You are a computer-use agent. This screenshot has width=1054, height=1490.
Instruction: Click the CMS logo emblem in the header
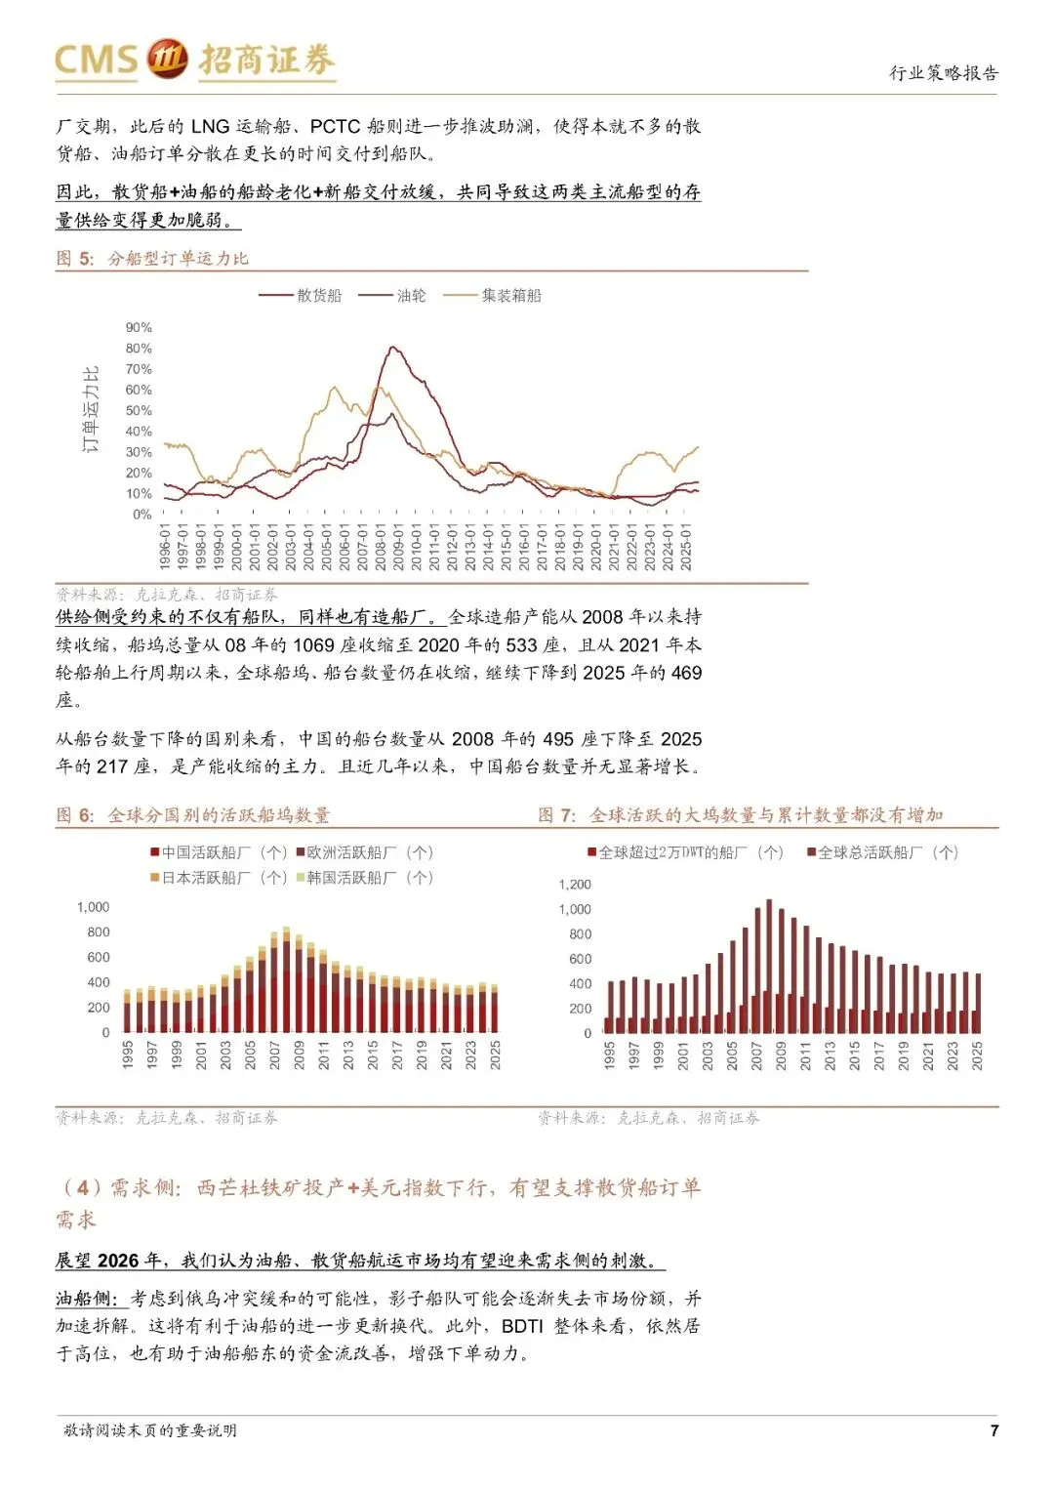(x=167, y=59)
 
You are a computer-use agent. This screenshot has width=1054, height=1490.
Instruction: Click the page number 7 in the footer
(x=993, y=1430)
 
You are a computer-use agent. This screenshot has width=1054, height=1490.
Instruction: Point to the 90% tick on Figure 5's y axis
(x=139, y=327)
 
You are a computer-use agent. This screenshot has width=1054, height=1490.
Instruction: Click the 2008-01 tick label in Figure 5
(x=381, y=547)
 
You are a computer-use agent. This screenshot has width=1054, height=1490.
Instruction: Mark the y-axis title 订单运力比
(x=91, y=409)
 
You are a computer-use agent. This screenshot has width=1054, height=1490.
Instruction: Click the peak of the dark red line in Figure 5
(x=393, y=347)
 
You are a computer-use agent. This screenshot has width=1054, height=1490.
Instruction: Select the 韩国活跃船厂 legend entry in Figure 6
(x=370, y=878)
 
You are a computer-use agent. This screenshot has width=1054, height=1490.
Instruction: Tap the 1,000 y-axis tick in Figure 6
(x=94, y=907)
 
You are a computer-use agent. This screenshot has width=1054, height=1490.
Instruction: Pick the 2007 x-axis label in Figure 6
(x=275, y=1055)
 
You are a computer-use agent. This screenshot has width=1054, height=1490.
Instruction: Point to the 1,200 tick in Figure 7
(x=575, y=885)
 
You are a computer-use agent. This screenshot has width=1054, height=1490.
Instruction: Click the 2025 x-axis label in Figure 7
(x=978, y=1055)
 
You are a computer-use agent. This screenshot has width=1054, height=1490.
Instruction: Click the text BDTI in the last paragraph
(x=522, y=1326)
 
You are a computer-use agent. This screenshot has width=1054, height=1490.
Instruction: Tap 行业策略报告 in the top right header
(x=944, y=73)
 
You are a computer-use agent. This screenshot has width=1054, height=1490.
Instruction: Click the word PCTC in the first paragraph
(x=335, y=126)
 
